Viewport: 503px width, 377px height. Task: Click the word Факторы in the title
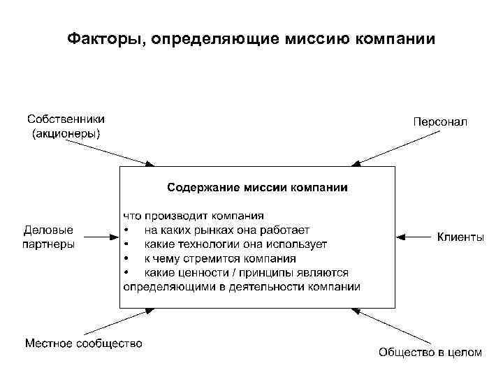pyautogui.click(x=102, y=38)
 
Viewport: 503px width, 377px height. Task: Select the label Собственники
pyautogui.click(x=66, y=120)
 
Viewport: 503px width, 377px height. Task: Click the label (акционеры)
pyautogui.click(x=66, y=134)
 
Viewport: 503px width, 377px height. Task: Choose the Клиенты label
pyautogui.click(x=460, y=237)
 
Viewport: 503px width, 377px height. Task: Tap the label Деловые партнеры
pyautogui.click(x=49, y=237)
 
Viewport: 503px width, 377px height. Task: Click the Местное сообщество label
pyautogui.click(x=84, y=343)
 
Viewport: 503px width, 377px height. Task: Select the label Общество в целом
pyautogui.click(x=430, y=353)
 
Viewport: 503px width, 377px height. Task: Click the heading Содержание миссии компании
pyautogui.click(x=257, y=187)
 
